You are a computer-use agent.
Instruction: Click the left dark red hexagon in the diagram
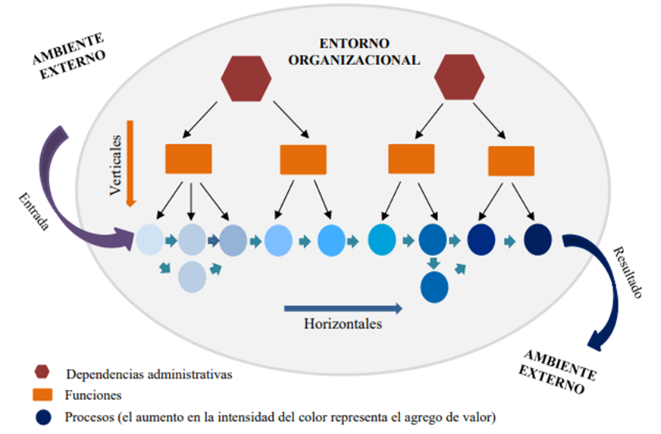246,78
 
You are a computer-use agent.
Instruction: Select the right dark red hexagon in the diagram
459,78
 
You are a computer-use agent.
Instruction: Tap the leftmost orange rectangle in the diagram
189,159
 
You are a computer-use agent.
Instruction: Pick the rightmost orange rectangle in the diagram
511,161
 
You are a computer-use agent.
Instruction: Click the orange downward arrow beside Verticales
130,162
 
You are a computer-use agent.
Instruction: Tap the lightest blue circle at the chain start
149,240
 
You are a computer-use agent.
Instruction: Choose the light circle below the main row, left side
193,276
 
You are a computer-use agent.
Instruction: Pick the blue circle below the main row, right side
434,286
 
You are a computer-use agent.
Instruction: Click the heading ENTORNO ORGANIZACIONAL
354,52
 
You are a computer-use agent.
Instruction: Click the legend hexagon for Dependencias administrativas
42,372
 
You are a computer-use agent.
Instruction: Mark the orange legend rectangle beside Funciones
43,395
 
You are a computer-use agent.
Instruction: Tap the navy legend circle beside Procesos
43,416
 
